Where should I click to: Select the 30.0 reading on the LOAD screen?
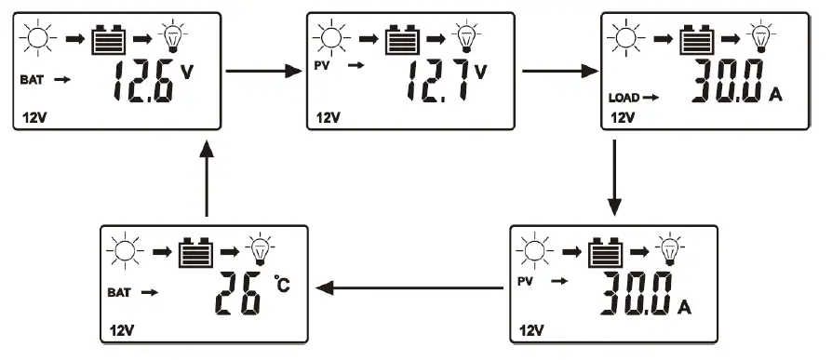point(728,81)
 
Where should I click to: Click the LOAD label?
point(624,97)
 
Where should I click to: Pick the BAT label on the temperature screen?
point(119,292)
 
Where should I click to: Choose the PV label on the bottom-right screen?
point(527,279)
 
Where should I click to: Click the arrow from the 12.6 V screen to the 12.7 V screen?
point(264,70)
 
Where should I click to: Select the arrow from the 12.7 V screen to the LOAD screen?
point(559,70)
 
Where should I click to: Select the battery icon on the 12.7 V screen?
point(403,40)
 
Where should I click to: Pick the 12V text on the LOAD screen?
point(620,118)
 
